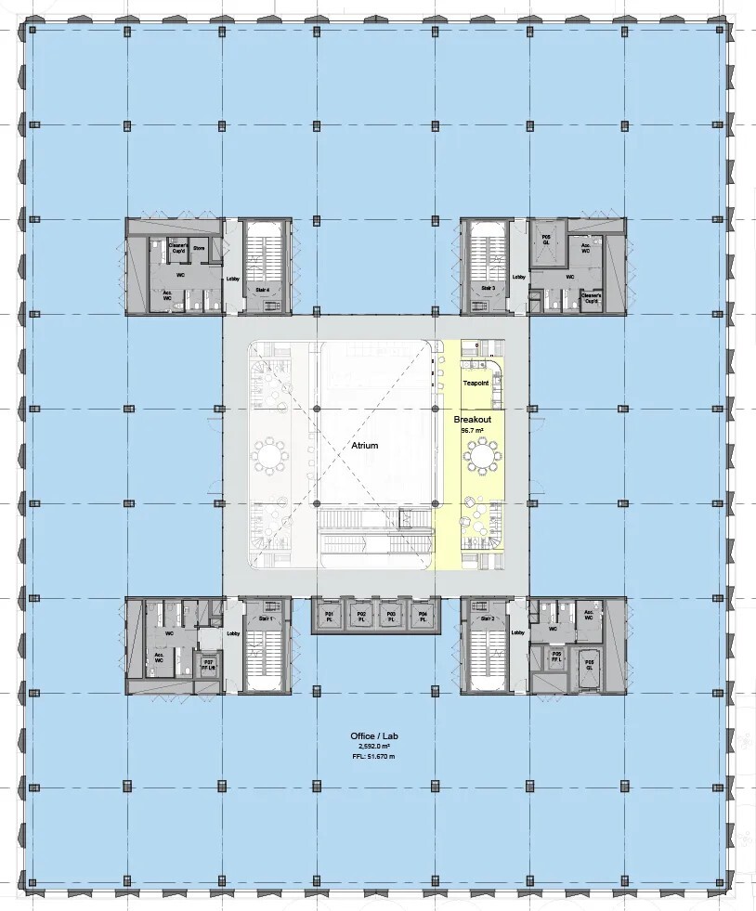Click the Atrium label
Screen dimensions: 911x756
pyautogui.click(x=365, y=446)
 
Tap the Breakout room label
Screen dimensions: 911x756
pyautogui.click(x=472, y=420)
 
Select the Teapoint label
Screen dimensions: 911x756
pyautogui.click(x=476, y=383)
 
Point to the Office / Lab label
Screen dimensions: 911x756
pyautogui.click(x=376, y=736)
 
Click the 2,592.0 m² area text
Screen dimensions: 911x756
pyautogui.click(x=376, y=747)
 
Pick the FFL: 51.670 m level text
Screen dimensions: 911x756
pyautogui.click(x=376, y=757)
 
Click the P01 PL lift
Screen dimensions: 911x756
pyautogui.click(x=329, y=617)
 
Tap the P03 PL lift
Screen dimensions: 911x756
pyautogui.click(x=392, y=617)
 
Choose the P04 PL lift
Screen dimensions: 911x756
pyautogui.click(x=423, y=617)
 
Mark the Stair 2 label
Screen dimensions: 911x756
pyautogui.click(x=486, y=618)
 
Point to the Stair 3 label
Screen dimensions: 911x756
pyautogui.click(x=487, y=289)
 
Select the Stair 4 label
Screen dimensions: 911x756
pyautogui.click(x=263, y=289)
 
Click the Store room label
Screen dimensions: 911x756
pyautogui.click(x=200, y=248)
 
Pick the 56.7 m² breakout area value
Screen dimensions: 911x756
pyautogui.click(x=474, y=430)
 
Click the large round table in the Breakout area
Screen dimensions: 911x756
pyautogui.click(x=482, y=456)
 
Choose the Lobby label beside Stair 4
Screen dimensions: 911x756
pyautogui.click(x=232, y=278)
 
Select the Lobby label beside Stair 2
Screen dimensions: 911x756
pyautogui.click(x=517, y=633)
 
